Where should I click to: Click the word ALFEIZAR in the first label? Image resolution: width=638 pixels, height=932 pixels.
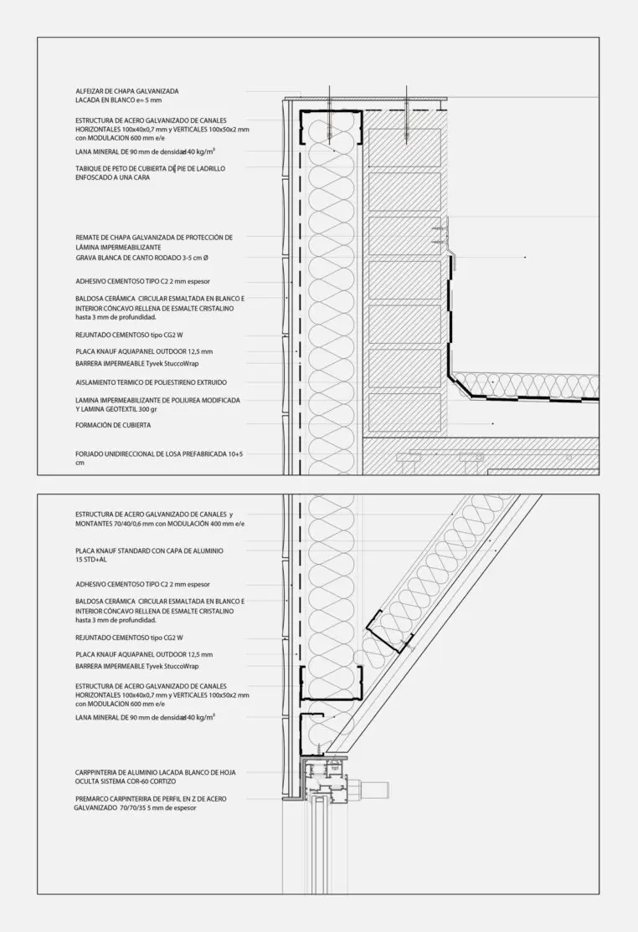click(90, 90)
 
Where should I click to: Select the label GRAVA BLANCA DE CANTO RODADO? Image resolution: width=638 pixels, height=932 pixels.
click(142, 258)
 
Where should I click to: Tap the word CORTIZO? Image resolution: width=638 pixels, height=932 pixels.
click(185, 780)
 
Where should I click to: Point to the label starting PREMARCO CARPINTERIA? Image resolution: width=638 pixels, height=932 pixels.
click(150, 799)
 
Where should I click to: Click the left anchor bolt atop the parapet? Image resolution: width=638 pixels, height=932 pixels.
click(330, 105)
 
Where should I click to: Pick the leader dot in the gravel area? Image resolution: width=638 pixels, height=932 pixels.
click(525, 257)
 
